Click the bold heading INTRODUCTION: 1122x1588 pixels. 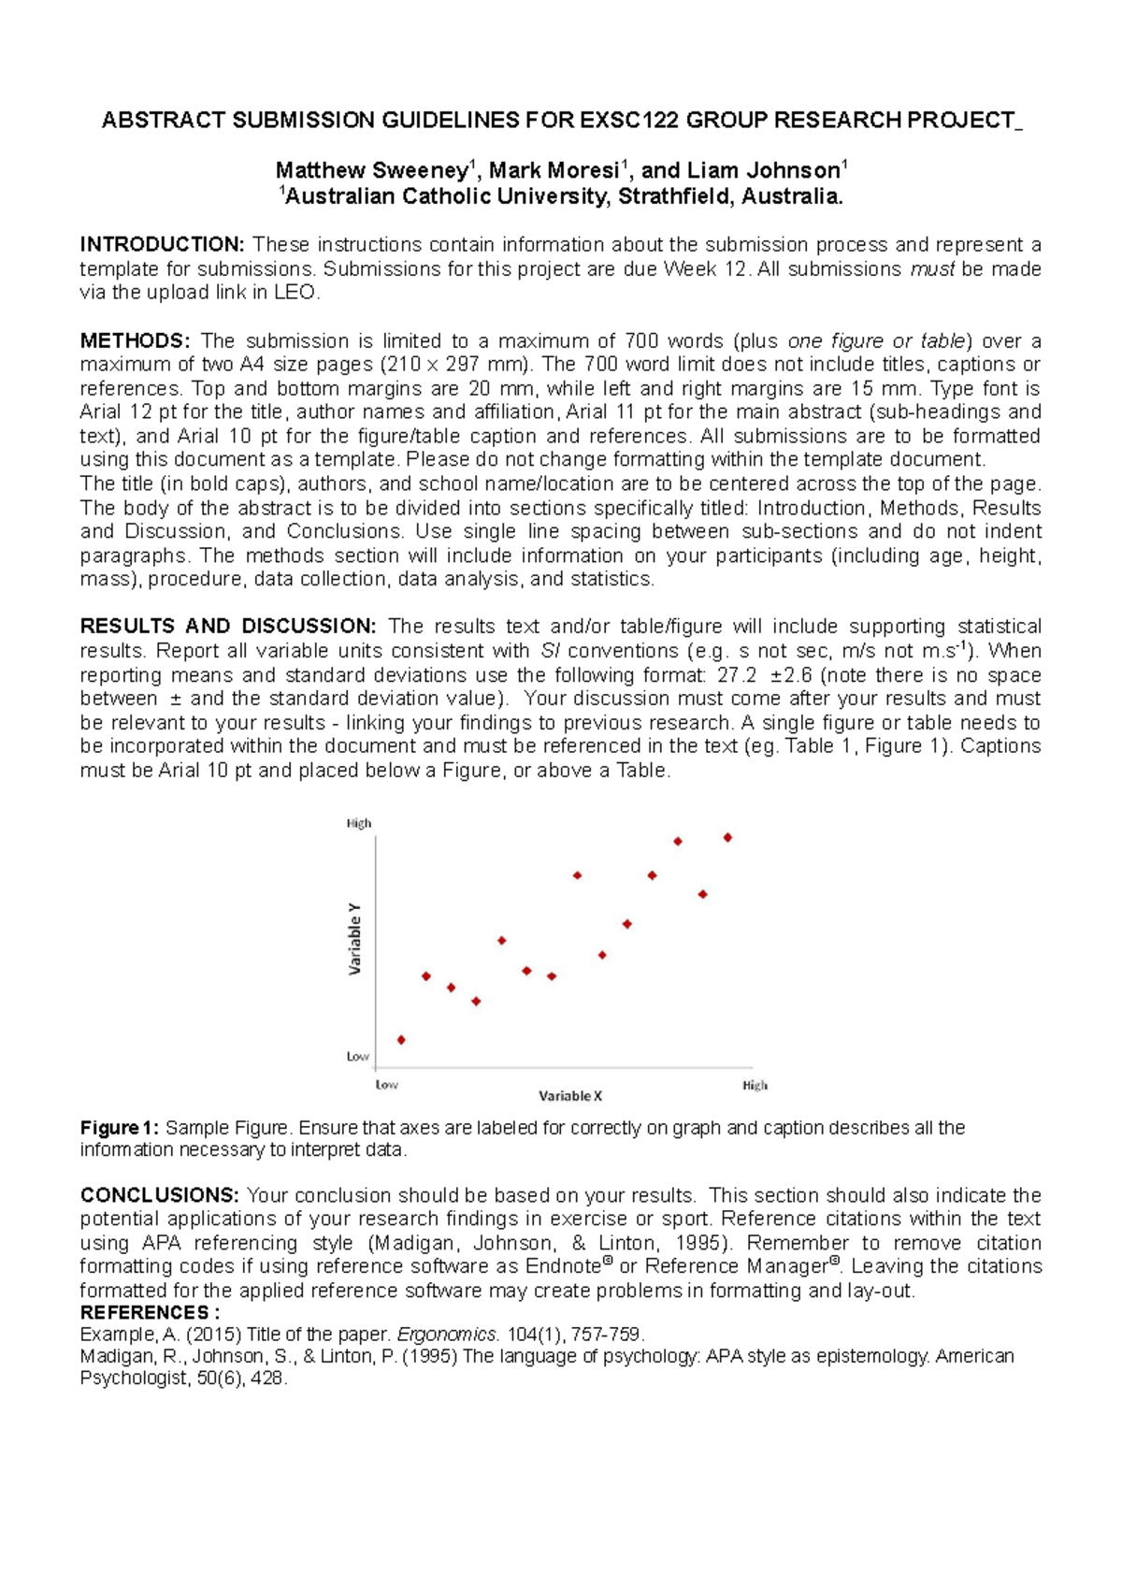coord(162,245)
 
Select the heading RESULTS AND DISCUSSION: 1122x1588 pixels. coord(228,627)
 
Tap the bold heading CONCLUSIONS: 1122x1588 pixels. coord(159,1195)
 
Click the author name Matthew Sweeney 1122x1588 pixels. coord(371,171)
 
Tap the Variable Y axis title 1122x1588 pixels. coord(355,939)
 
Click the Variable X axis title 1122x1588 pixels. coord(570,1095)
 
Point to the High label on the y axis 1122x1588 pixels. coord(359,824)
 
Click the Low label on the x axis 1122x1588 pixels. coord(387,1085)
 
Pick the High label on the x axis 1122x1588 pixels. coord(755,1085)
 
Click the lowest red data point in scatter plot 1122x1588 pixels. coord(401,1040)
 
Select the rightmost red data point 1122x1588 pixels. coord(727,837)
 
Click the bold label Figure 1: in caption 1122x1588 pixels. coord(120,1128)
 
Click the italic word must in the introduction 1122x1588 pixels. coord(933,269)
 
